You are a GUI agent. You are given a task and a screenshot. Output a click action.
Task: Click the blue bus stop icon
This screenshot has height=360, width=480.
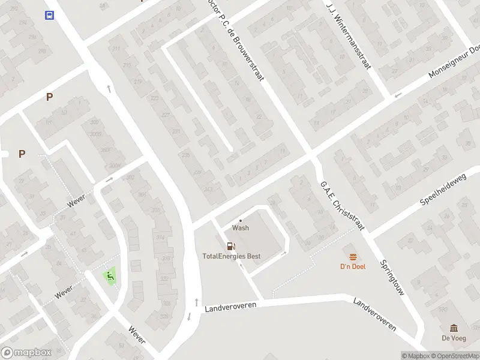click(49, 16)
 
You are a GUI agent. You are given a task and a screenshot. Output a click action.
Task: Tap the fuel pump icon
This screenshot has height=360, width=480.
click(230, 246)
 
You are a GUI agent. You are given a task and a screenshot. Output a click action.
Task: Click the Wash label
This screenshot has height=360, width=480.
click(241, 228)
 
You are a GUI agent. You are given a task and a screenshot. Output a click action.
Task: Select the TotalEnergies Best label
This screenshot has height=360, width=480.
click(231, 256)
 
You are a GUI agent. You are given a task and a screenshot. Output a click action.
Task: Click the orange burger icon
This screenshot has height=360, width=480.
click(353, 256)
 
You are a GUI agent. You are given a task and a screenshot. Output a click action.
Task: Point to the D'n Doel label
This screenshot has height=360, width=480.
click(353, 266)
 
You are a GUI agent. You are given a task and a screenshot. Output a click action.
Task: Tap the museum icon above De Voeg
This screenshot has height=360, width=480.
click(454, 328)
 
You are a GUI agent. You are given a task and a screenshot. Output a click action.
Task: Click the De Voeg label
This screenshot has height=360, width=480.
click(454, 338)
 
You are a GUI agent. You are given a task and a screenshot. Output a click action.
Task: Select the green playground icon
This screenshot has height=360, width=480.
click(110, 277)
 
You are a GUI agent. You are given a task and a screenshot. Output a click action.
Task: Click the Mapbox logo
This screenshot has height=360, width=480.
click(27, 353)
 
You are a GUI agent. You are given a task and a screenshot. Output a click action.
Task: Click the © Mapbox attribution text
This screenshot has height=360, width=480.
click(415, 356)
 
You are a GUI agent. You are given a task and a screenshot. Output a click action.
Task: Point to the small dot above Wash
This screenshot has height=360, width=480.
click(241, 220)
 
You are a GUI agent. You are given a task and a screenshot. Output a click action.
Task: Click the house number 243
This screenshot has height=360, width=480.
click(208, 189)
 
